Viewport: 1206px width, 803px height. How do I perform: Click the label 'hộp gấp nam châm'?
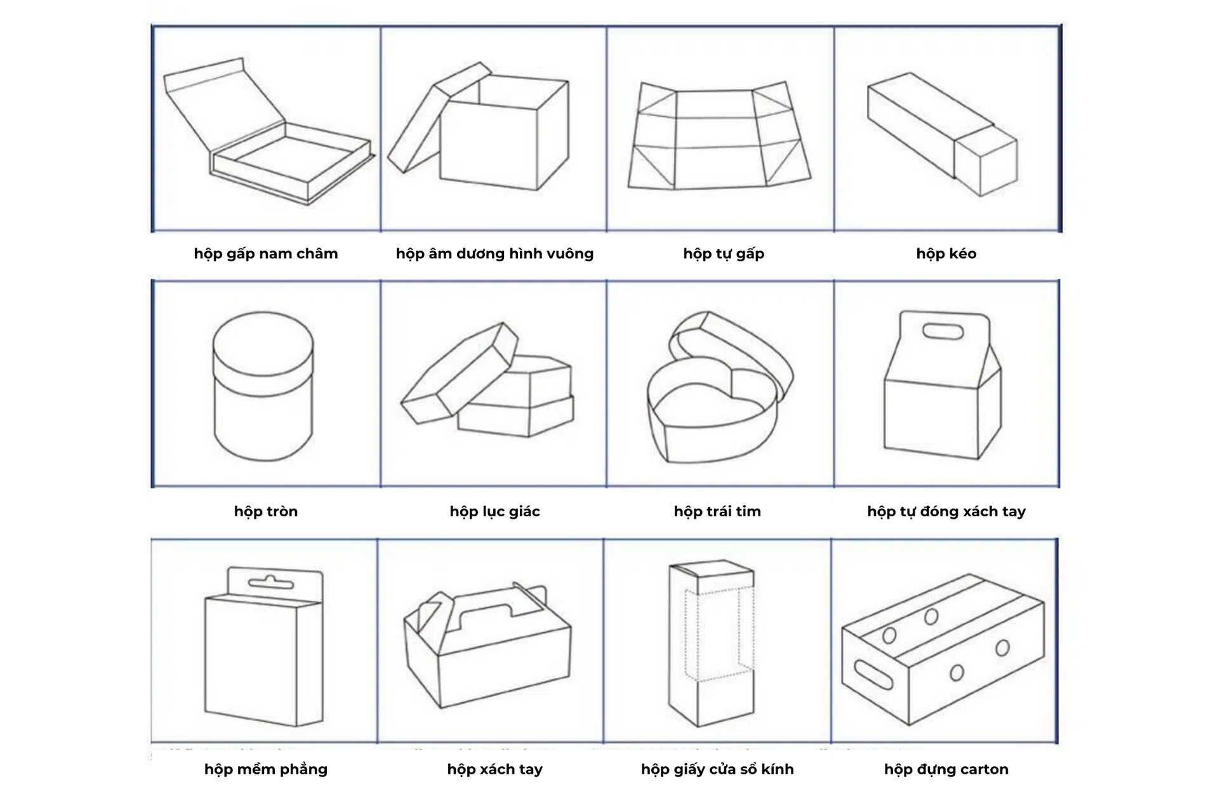pos(265,254)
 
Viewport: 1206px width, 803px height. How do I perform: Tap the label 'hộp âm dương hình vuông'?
pos(494,254)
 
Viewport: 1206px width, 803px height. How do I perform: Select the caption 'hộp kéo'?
pos(946,254)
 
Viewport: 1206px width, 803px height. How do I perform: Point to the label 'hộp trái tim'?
pos(717,511)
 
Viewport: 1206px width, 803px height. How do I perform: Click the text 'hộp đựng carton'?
pos(946,769)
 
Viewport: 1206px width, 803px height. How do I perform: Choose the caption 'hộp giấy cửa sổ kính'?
pos(717,769)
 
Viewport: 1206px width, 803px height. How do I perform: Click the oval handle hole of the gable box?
pos(943,331)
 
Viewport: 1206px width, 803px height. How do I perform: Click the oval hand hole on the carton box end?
pos(873,674)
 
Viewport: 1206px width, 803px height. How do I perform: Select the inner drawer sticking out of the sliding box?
pos(986,162)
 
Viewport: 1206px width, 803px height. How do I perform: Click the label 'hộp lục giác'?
pos(494,511)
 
